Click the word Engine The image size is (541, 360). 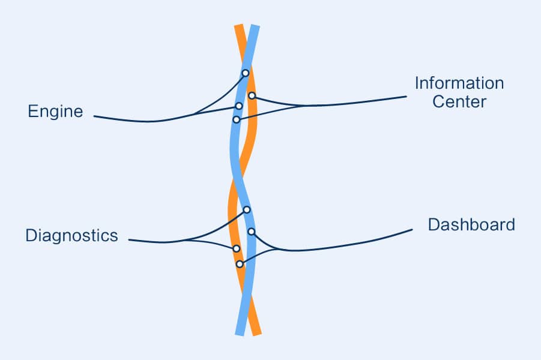(x=55, y=112)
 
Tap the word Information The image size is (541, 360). (x=459, y=83)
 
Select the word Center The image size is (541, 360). (x=459, y=102)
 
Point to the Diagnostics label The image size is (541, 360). (x=72, y=236)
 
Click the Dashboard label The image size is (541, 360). (x=471, y=224)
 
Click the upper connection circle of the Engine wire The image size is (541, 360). (x=246, y=73)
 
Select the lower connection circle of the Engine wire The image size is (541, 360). (x=239, y=106)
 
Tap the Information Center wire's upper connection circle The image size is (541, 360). (x=252, y=95)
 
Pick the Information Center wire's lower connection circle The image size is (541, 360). (x=237, y=119)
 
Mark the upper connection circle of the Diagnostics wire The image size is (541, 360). (x=247, y=209)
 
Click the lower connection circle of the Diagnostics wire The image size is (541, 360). (x=237, y=248)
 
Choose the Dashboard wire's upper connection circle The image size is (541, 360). (x=252, y=232)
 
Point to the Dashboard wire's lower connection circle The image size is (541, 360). (x=240, y=264)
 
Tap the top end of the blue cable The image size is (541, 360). (x=255, y=26)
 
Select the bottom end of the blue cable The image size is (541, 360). (x=240, y=334)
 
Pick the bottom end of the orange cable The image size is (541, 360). (x=257, y=334)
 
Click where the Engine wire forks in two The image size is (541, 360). (x=193, y=115)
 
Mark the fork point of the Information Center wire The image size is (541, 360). (x=304, y=106)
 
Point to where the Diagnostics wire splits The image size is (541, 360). (x=186, y=240)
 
